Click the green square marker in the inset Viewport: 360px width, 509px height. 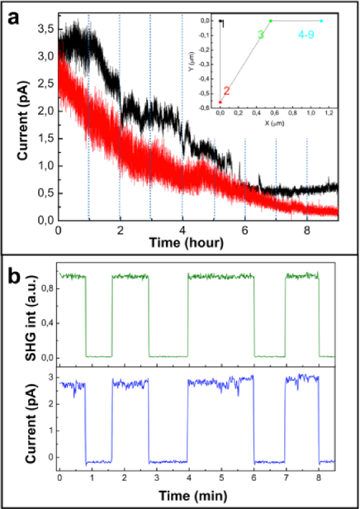tap(270, 21)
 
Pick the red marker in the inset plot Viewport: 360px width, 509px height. tap(220, 100)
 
